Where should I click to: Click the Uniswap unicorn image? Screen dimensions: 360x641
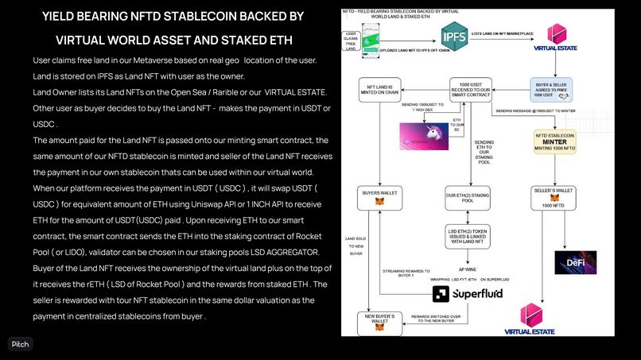point(422,134)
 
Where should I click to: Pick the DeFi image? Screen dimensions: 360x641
point(574,263)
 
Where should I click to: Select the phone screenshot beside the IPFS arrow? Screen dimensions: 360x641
point(368,37)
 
